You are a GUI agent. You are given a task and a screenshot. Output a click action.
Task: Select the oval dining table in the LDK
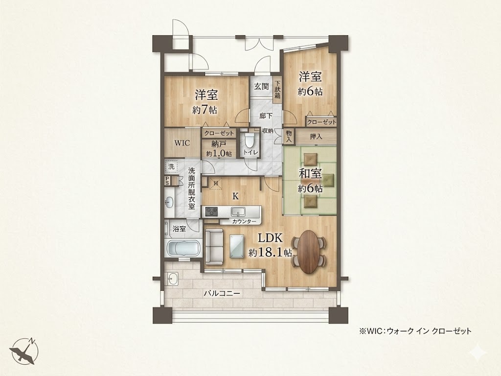pyautogui.click(x=309, y=252)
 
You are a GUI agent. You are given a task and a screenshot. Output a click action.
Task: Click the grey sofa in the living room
pyautogui.click(x=214, y=247)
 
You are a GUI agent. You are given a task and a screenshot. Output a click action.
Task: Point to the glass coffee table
pyautogui.click(x=237, y=246)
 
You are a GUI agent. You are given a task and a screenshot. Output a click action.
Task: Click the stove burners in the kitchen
pyautogui.click(x=211, y=211)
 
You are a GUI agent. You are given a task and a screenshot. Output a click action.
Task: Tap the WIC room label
pyautogui.click(x=182, y=143)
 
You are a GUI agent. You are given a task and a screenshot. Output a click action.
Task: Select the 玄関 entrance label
pyautogui.click(x=261, y=86)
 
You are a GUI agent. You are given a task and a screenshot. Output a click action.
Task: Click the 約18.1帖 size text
pyautogui.click(x=270, y=253)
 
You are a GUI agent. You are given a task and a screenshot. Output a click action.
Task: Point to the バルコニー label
pyautogui.click(x=222, y=293)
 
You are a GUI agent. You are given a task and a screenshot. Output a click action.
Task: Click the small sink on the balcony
pyautogui.click(x=173, y=279)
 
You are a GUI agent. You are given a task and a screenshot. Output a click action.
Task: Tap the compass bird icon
pyautogui.click(x=24, y=351)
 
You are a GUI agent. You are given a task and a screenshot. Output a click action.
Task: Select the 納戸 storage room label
pyautogui.click(x=219, y=144)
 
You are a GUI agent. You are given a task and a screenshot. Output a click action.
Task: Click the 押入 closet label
pyautogui.click(x=316, y=137)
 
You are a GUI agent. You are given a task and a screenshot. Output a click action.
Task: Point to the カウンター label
pyautogui.click(x=244, y=221)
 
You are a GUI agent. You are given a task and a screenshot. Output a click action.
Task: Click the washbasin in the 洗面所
pyautogui.click(x=169, y=202)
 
